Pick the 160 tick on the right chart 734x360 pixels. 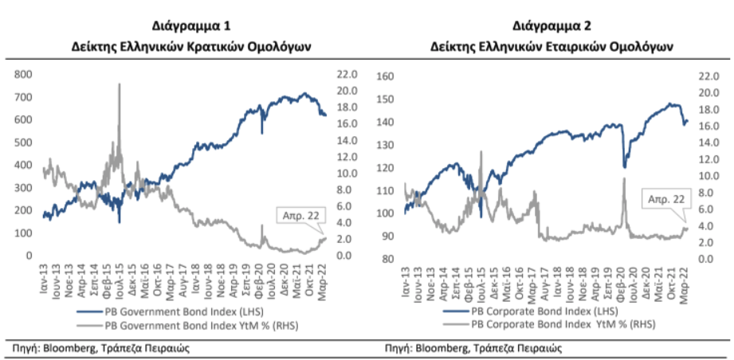pyautogui.click(x=386, y=76)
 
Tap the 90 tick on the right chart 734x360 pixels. pyautogui.click(x=388, y=237)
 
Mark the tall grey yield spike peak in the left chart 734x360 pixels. pyautogui.click(x=120, y=84)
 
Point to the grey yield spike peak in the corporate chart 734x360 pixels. pyautogui.click(x=624, y=178)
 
